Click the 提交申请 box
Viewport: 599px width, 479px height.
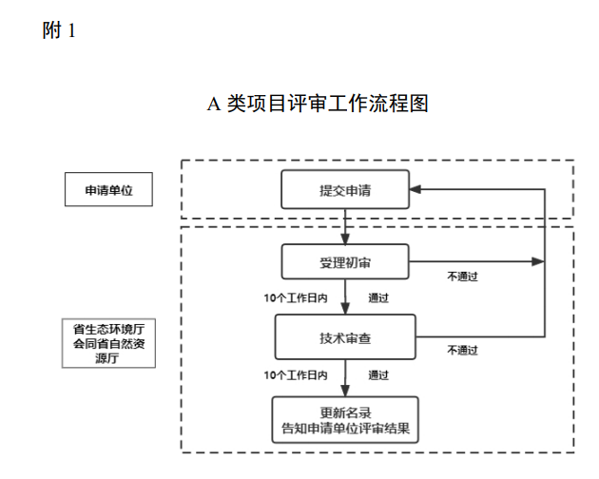(x=345, y=190)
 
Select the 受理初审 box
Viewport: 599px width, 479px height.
(x=345, y=262)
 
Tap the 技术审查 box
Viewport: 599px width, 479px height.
(x=345, y=336)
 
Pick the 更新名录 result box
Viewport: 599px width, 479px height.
(x=345, y=419)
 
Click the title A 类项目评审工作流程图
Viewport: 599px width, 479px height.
(x=318, y=104)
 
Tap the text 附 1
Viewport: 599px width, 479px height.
(x=59, y=31)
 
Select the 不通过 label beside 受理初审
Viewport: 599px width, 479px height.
(x=462, y=277)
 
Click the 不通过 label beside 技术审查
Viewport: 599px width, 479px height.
(x=462, y=349)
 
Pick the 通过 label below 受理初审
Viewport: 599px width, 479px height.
(x=378, y=298)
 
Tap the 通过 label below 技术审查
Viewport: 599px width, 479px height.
(x=378, y=374)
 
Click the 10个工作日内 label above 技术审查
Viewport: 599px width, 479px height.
(x=296, y=298)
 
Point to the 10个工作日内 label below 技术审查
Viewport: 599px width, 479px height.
(x=296, y=374)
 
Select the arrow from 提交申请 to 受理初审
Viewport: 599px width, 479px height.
(x=345, y=226)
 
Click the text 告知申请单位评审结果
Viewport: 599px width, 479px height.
(x=345, y=428)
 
